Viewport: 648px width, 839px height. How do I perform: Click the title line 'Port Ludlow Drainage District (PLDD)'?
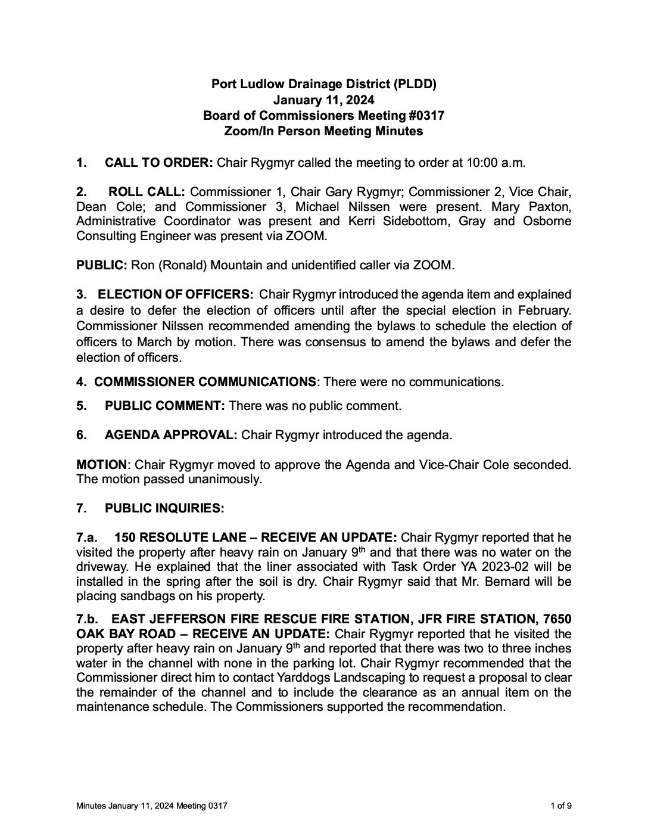point(324,84)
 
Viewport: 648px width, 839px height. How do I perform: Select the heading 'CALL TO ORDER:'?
point(158,162)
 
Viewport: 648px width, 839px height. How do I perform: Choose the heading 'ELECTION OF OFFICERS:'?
point(176,294)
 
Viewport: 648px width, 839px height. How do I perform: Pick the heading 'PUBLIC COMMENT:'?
point(164,406)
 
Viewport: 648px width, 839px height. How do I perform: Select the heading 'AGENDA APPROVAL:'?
point(171,435)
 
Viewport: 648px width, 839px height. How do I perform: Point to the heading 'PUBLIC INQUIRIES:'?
point(164,508)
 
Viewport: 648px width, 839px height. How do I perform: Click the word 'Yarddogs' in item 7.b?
point(300,678)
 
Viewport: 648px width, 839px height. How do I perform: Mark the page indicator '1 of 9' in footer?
point(561,806)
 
